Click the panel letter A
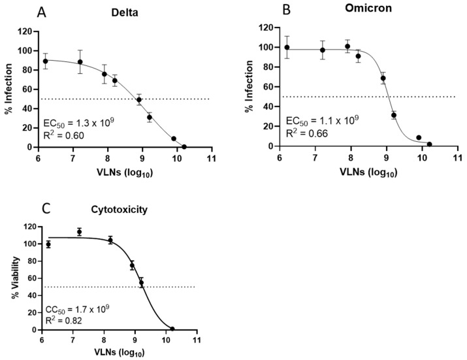(x=41, y=13)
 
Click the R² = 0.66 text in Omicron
(x=306, y=135)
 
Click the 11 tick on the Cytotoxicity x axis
(x=197, y=340)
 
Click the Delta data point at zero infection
(x=184, y=146)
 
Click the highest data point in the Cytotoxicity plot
(x=79, y=232)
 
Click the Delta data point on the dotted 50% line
(x=139, y=100)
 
